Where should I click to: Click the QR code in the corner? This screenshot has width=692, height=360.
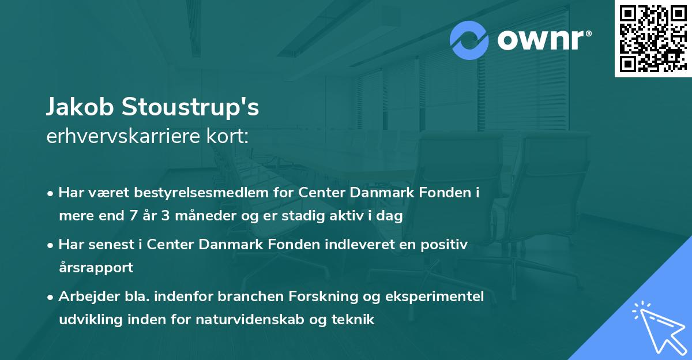click(x=653, y=38)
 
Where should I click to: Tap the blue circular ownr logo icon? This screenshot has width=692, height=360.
click(x=469, y=40)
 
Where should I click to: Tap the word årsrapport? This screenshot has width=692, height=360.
click(x=96, y=267)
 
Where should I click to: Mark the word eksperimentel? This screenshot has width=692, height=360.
click(x=436, y=296)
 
